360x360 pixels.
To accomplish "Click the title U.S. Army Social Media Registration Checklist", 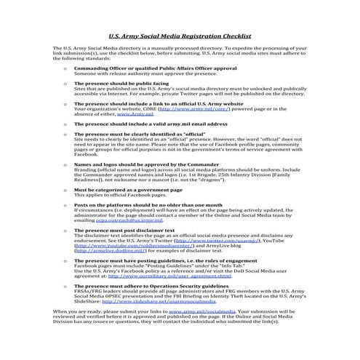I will tap(179, 34).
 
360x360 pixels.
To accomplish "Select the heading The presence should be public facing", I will tap(111, 84).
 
